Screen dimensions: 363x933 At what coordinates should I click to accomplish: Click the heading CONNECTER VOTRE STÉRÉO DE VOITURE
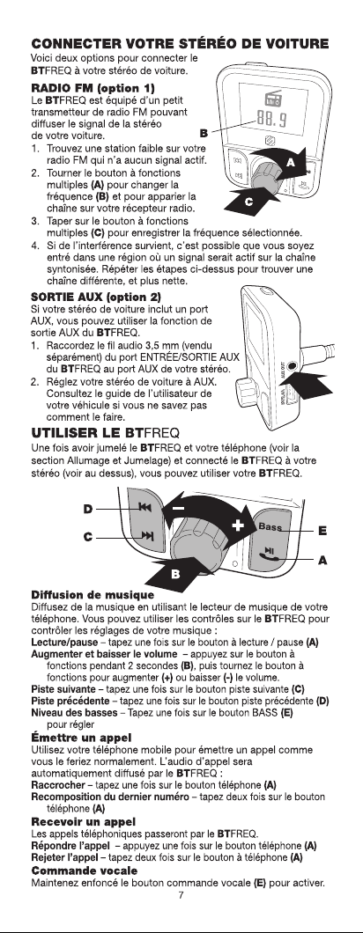coord(180,44)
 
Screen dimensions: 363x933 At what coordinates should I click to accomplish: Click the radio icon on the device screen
coord(273,100)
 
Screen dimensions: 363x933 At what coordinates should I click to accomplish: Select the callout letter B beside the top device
coord(204,133)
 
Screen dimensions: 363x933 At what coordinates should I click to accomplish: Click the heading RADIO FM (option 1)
coord(93,89)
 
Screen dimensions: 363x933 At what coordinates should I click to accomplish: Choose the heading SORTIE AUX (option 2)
coord(96,297)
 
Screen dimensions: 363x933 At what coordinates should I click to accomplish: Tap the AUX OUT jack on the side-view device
coord(292,368)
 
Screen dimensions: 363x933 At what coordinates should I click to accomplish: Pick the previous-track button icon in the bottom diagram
coord(144,507)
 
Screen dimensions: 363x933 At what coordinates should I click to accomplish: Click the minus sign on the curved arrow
coord(178,508)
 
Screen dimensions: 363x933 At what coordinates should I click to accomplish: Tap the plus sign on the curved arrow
coord(239,525)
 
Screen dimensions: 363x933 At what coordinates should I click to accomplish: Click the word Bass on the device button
coord(270,526)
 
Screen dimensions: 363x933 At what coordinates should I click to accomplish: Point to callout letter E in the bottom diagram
coord(322,530)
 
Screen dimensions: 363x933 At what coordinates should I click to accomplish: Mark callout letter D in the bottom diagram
coord(88,509)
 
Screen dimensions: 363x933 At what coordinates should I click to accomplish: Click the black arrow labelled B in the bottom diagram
coord(171,571)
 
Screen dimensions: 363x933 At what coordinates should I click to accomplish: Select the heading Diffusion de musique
coord(93,595)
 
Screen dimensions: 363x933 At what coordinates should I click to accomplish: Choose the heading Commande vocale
coord(84,871)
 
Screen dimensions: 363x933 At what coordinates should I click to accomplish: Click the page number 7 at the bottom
coord(181,895)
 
